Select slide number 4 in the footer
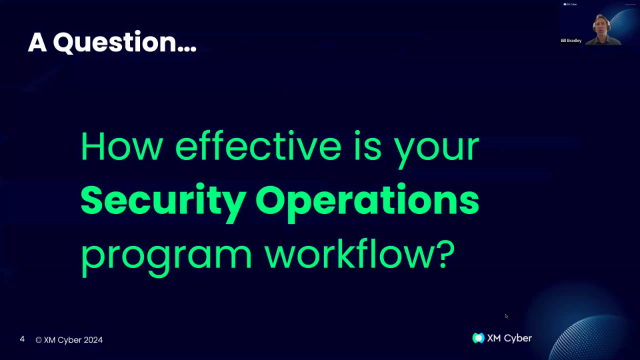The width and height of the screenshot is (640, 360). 22,340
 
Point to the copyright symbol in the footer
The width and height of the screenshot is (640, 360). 38,340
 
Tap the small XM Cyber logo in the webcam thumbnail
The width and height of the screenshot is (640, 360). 569,5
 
